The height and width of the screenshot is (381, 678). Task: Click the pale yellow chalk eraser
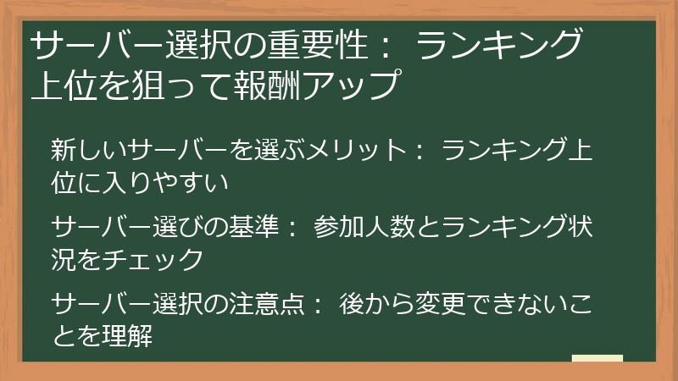(597, 358)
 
